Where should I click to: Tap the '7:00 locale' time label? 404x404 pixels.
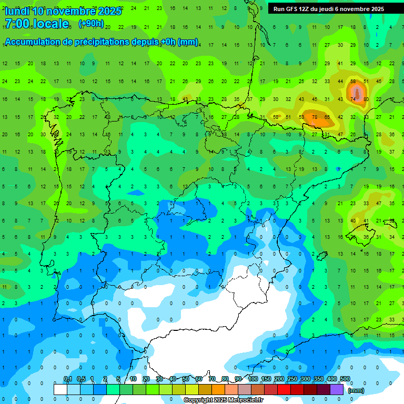pyautogui.click(x=37, y=24)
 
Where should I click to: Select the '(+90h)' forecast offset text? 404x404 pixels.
pyautogui.click(x=91, y=24)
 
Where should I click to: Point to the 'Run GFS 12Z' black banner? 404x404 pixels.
pyautogui.click(x=329, y=9)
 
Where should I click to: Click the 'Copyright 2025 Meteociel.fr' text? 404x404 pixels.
pyautogui.click(x=223, y=400)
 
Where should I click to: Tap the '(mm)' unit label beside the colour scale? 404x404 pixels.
pyautogui.click(x=356, y=390)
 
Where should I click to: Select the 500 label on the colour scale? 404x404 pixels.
pyautogui.click(x=345, y=379)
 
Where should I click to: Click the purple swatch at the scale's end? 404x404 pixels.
pyautogui.click(x=337, y=389)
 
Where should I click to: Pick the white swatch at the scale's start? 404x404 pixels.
pyautogui.click(x=60, y=389)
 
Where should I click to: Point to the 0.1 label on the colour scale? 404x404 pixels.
pyautogui.click(x=68, y=379)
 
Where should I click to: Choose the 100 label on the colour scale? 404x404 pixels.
pyautogui.click(x=253, y=379)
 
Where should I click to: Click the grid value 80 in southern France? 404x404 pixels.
pyautogui.click(x=366, y=99)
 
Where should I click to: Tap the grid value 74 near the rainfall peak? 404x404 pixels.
pyautogui.click(x=353, y=99)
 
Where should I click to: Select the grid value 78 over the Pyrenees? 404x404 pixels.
pyautogui.click(x=314, y=117)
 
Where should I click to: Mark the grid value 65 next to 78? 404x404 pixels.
pyautogui.click(x=327, y=117)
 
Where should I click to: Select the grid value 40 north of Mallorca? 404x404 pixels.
pyautogui.click(x=353, y=220)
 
